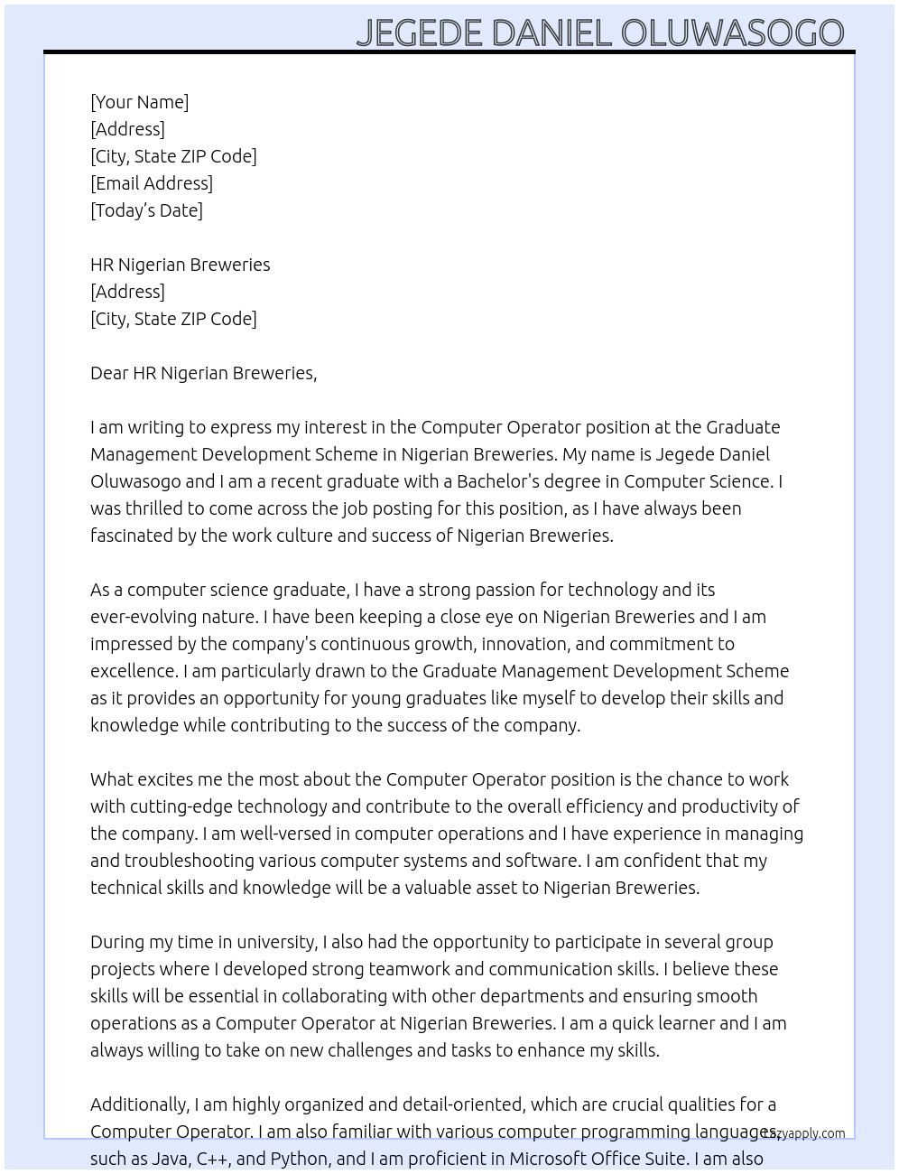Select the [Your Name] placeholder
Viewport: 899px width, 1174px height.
[x=139, y=102]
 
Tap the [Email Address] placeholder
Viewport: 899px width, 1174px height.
[x=152, y=183]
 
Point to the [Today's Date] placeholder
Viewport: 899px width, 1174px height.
[x=146, y=210]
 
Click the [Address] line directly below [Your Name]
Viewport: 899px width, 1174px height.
[x=127, y=129]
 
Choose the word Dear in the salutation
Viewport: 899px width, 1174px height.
[x=109, y=373]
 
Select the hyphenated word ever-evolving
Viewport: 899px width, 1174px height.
[x=147, y=617]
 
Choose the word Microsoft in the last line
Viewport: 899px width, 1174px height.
[x=551, y=1159]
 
